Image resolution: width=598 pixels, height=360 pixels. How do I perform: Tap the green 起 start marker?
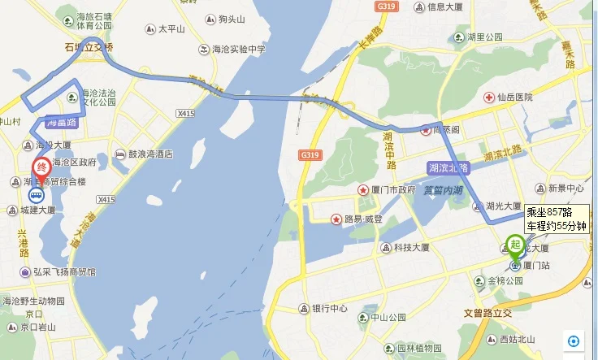point(514,242)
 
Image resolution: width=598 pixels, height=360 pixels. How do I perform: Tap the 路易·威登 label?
point(362,219)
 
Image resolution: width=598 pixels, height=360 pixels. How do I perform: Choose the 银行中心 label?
point(329,309)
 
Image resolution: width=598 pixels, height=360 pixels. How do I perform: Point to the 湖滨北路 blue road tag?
point(448,167)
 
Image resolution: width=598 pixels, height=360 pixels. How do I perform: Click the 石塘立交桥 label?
point(89,48)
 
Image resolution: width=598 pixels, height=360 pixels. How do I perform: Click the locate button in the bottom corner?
point(574,341)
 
